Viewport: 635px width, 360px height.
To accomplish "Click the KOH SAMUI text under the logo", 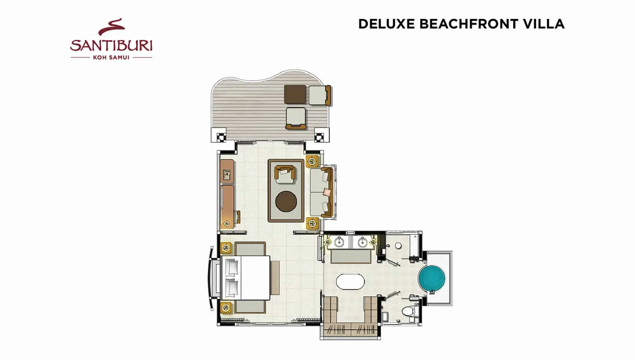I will click(x=111, y=58).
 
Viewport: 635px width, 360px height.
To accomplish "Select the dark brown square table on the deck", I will click(x=295, y=95).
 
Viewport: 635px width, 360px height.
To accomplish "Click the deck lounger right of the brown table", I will click(x=320, y=95).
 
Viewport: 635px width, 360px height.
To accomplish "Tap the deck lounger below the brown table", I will click(x=296, y=118).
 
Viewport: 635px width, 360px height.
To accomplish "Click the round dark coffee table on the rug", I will click(x=286, y=201).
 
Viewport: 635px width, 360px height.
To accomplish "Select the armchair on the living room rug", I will click(x=285, y=174).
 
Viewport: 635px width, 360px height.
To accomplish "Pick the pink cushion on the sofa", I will click(x=327, y=192).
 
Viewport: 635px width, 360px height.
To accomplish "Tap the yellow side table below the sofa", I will click(x=312, y=223).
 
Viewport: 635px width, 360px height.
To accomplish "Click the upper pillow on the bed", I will click(x=232, y=268).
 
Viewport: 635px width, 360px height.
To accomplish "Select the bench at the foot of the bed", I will click(x=275, y=278).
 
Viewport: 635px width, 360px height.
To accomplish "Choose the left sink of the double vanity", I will click(x=339, y=242).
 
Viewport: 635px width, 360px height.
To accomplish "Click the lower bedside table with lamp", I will click(x=226, y=307).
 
